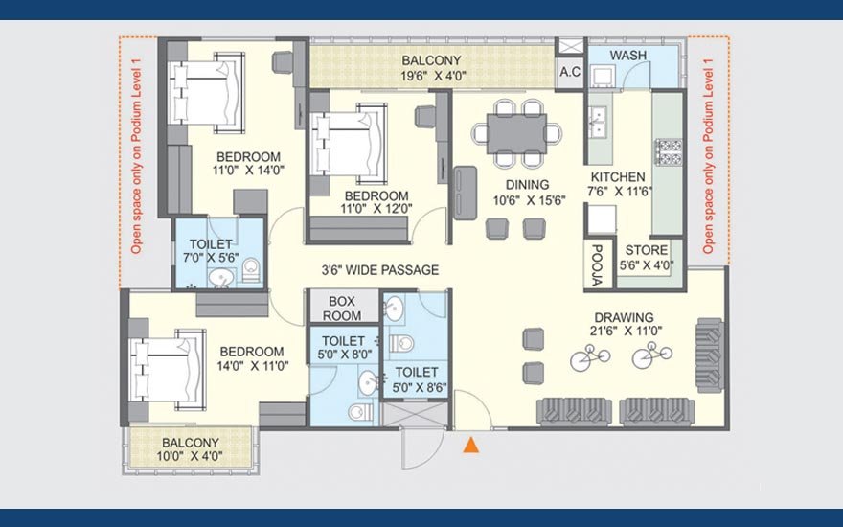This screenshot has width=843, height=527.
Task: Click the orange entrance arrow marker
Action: [x=471, y=445]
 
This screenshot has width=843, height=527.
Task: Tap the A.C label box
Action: [x=570, y=72]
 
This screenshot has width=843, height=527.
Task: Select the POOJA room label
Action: [x=596, y=264]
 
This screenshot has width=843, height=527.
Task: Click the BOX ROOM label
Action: [x=342, y=309]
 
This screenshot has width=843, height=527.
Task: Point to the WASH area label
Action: [x=628, y=55]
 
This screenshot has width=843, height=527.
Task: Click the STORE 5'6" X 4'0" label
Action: [x=647, y=257]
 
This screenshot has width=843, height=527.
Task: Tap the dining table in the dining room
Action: [x=516, y=133]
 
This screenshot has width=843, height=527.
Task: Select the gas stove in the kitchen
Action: [x=669, y=151]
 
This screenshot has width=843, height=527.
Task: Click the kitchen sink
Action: [x=598, y=122]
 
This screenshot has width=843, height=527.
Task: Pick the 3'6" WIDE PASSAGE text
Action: [x=380, y=270]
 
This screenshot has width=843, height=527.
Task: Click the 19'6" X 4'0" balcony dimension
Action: [x=432, y=76]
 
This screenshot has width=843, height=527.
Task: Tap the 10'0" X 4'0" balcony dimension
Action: [x=191, y=456]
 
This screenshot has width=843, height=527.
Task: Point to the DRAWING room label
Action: [x=625, y=317]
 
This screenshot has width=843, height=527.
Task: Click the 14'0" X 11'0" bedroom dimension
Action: [x=253, y=366]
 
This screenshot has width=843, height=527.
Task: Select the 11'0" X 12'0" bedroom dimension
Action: [x=376, y=209]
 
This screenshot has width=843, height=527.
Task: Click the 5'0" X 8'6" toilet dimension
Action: [x=420, y=387]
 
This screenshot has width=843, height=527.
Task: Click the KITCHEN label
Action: [x=618, y=177]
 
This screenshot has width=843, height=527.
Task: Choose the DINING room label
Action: [x=528, y=184]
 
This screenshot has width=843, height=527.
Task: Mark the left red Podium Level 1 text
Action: [x=137, y=156]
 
